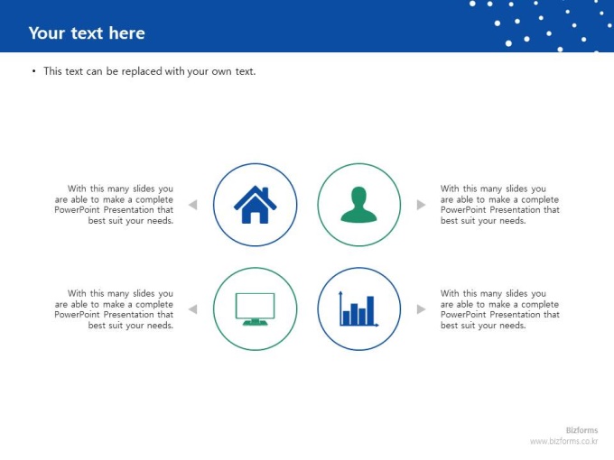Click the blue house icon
pos(256,205)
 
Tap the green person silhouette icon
pos(358,205)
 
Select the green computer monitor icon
pos(255,309)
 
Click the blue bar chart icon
pos(358,309)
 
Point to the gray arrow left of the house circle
pos(192,205)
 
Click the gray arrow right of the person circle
pos(422,205)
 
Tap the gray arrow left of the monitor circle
pos(192,309)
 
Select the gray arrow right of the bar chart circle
pos(422,309)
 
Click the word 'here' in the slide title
pos(127,33)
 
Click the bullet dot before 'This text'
pos(34,71)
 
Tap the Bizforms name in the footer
pos(581,430)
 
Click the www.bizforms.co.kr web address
pos(564,441)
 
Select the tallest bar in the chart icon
pos(370,310)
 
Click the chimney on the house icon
pos(265,191)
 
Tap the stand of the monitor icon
pos(255,322)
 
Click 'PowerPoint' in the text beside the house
pos(77,210)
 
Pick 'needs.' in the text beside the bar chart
pos(513,326)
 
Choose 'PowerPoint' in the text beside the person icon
pos(463,210)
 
